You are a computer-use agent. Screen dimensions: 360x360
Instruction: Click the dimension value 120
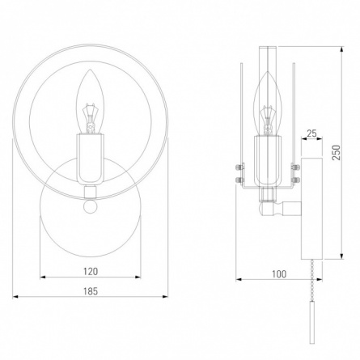click(x=91, y=271)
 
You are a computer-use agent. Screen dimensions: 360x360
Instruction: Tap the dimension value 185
click(x=91, y=291)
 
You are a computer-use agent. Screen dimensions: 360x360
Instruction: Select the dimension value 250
click(x=337, y=153)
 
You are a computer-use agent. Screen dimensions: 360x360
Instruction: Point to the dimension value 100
click(x=279, y=274)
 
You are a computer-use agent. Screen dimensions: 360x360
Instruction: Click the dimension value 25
click(x=311, y=133)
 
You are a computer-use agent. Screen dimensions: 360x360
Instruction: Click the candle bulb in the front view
click(x=90, y=102)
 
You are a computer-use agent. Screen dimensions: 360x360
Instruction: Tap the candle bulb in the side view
click(x=268, y=104)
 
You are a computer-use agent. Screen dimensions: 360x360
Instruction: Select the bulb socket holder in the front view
click(x=90, y=159)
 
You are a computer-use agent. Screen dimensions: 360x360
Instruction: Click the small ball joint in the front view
click(x=90, y=206)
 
